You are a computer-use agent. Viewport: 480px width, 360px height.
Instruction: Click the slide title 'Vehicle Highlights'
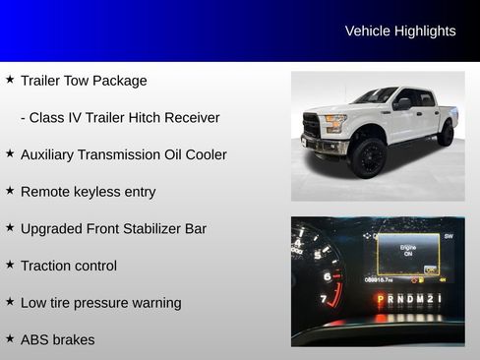click(399, 31)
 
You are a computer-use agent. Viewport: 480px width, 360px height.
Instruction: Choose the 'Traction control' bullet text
click(69, 266)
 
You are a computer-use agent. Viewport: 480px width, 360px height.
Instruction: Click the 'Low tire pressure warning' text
click(100, 303)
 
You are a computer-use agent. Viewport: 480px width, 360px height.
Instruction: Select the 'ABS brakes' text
click(58, 339)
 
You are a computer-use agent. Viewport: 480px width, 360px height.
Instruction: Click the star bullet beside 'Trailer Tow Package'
click(10, 79)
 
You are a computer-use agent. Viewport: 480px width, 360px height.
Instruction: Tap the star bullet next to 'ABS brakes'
click(10, 337)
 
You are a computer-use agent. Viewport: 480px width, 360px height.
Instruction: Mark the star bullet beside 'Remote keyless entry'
click(10, 190)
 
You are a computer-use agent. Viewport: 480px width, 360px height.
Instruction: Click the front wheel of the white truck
click(368, 157)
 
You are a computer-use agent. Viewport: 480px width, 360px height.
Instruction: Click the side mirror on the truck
click(402, 103)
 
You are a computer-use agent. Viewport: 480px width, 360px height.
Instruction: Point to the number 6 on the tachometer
click(328, 277)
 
